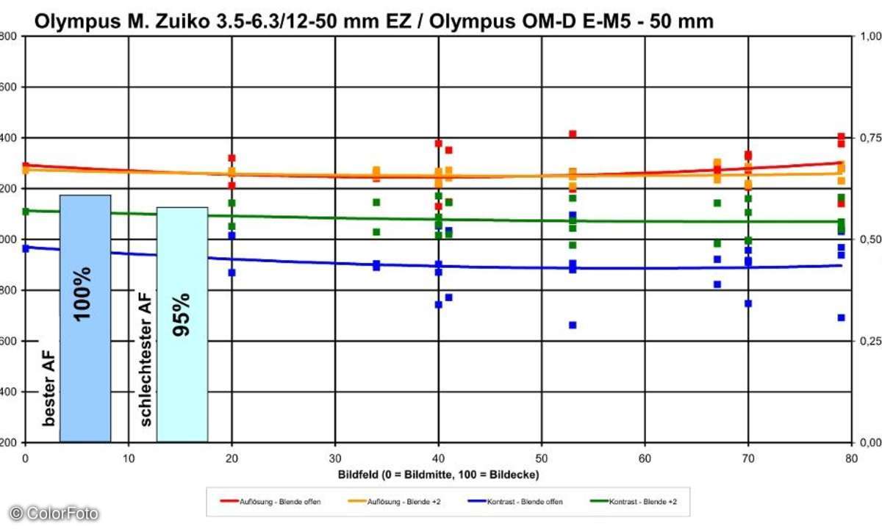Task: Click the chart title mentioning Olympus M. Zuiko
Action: [x=373, y=22]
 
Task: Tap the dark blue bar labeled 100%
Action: [x=85, y=317]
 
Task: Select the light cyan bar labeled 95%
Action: [x=182, y=323]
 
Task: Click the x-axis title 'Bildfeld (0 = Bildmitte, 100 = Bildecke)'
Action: [x=439, y=475]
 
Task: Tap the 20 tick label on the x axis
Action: [x=232, y=456]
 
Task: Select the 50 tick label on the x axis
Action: [x=542, y=456]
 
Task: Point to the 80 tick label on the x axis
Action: [x=850, y=456]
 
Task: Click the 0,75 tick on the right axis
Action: [x=869, y=138]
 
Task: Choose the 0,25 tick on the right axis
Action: [x=869, y=341]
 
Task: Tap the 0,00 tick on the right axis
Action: [x=869, y=443]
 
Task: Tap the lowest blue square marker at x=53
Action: [x=573, y=325]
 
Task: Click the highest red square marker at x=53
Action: [x=573, y=134]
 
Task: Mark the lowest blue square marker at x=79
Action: [x=841, y=317]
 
